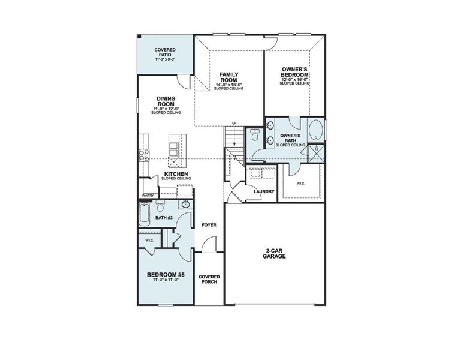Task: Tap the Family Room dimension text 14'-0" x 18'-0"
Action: click(229, 85)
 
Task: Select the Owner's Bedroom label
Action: click(294, 73)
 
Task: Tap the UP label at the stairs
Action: click(234, 124)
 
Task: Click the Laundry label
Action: click(264, 192)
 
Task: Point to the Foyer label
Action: click(209, 225)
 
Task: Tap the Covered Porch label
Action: click(209, 280)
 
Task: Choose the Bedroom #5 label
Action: click(165, 275)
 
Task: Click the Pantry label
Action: click(148, 195)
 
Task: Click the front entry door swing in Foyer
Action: click(208, 245)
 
